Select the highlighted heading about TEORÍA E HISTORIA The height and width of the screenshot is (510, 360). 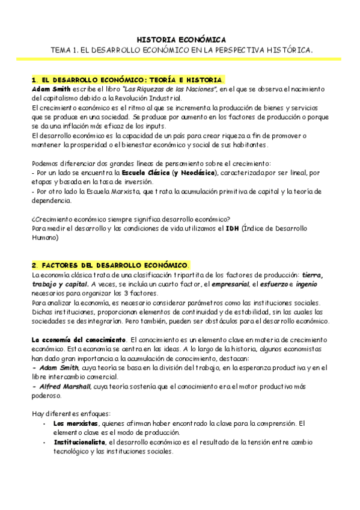127,79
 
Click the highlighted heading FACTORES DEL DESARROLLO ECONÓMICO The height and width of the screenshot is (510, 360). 110,265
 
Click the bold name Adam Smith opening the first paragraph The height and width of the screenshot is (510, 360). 50,88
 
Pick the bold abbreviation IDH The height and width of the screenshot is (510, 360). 231,229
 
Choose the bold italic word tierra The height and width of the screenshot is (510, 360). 311,275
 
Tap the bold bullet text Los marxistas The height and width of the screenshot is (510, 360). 70,423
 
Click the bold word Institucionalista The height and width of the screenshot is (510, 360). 79,442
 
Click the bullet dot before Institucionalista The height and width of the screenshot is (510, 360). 45,442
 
